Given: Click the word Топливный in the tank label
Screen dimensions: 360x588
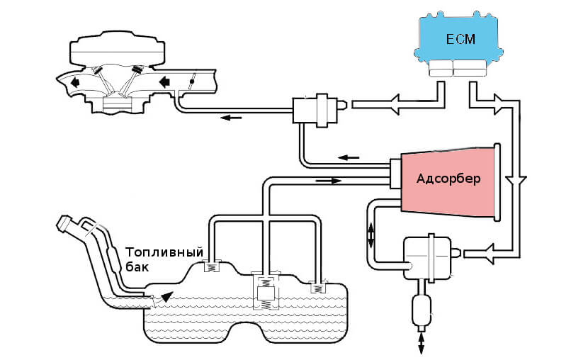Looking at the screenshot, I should [164, 253].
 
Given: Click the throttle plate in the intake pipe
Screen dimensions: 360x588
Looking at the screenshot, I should [191, 82].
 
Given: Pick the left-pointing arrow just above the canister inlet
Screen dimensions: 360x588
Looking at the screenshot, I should [348, 157].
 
